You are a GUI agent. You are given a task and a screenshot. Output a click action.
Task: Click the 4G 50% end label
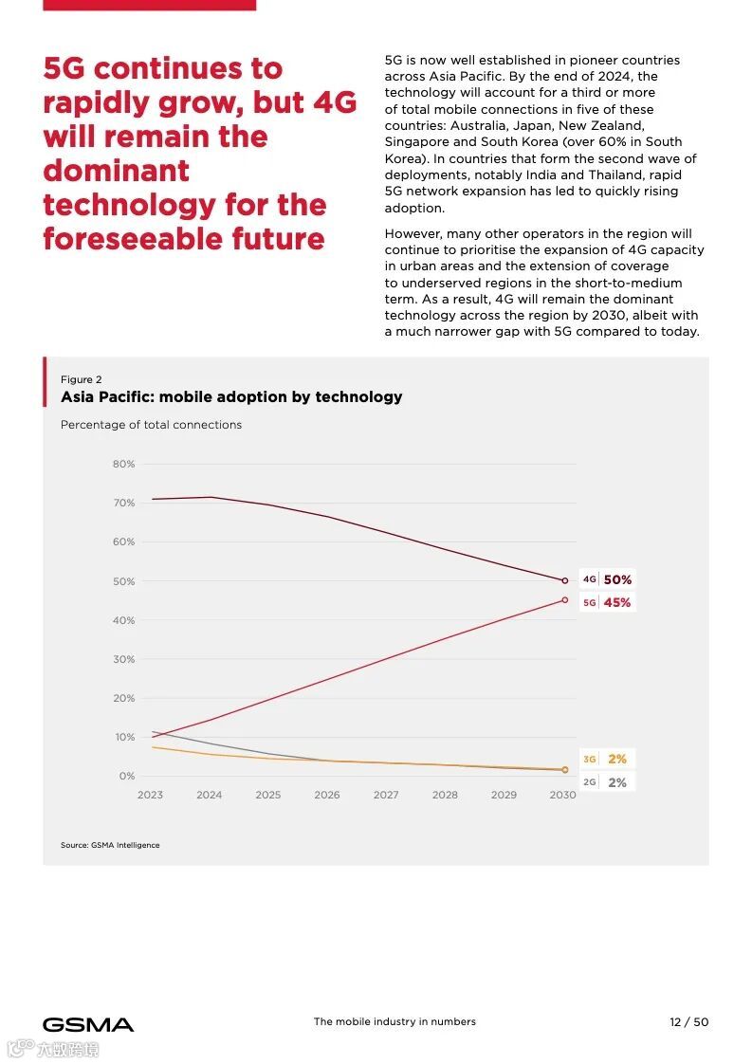pos(607,579)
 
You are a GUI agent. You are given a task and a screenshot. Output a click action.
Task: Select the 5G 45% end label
pos(607,602)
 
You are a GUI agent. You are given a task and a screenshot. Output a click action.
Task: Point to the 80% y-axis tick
pos(123,464)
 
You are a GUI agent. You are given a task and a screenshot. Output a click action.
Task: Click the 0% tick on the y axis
pos(126,776)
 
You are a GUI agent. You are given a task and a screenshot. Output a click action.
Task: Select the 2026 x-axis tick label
pos(327,795)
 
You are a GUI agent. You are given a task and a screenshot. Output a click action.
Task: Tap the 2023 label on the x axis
pos(150,795)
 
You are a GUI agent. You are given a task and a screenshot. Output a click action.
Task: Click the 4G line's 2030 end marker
pos(565,580)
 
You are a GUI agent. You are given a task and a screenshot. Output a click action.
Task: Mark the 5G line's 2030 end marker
pos(565,599)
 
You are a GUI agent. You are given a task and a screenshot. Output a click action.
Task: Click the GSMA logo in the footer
pos(88,1024)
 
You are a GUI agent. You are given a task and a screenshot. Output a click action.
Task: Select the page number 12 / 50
pos(688,1021)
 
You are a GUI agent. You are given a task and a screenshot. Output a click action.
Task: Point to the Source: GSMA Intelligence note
pos(110,845)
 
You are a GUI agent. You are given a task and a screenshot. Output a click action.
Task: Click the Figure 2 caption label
pos(82,379)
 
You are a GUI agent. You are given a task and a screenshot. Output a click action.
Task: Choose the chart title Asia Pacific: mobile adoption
pos(231,396)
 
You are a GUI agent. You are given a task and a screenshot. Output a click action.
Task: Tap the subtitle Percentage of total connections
pos(151,425)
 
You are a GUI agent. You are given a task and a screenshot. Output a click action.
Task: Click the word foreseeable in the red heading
pos(132,238)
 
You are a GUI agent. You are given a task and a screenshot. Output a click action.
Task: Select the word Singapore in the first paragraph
pos(415,142)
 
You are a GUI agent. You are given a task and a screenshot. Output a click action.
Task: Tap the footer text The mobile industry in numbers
pos(394,1021)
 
